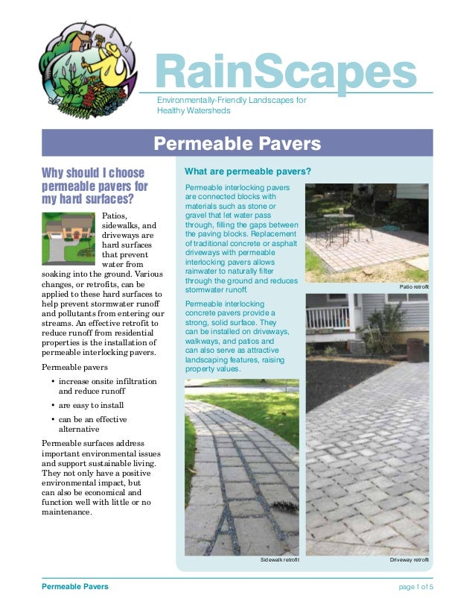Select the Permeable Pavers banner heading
pyautogui.click(x=237, y=143)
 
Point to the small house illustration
pyautogui.click(x=68, y=238)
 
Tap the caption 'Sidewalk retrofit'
pyautogui.click(x=279, y=559)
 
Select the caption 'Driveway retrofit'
pyautogui.click(x=409, y=559)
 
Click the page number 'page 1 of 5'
pyautogui.click(x=416, y=587)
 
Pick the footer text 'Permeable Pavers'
pyautogui.click(x=74, y=587)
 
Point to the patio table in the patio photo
pyautogui.click(x=339, y=221)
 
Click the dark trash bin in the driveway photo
pyautogui.click(x=415, y=349)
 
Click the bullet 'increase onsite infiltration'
pyautogui.click(x=107, y=381)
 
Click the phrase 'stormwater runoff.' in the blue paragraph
pyautogui.click(x=216, y=289)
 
